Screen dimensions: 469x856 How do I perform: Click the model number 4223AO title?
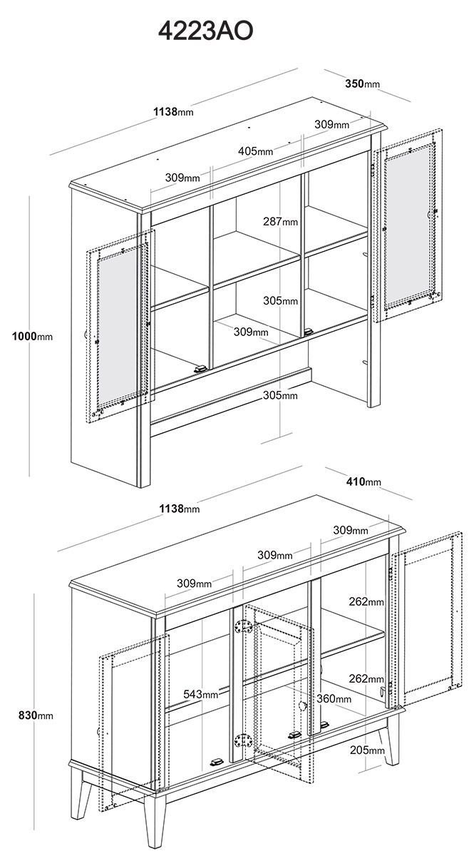(x=205, y=31)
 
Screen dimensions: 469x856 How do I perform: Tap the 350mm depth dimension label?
(x=363, y=83)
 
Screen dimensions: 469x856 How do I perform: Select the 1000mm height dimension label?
(x=32, y=336)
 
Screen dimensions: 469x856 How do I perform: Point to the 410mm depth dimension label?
(x=364, y=481)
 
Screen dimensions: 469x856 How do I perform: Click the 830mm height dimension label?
(x=36, y=715)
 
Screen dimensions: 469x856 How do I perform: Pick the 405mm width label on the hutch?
(x=255, y=151)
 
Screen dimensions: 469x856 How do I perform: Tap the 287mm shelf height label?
(x=280, y=221)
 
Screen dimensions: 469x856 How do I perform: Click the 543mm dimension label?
(x=201, y=694)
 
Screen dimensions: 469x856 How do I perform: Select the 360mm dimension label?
(x=334, y=698)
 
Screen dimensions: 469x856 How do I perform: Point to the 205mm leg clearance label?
(x=367, y=750)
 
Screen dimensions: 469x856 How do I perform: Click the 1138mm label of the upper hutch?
(x=173, y=111)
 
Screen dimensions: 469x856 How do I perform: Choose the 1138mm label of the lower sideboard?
(x=179, y=508)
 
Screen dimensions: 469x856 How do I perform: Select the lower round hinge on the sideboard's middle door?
(x=244, y=740)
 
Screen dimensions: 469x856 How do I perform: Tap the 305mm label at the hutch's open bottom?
(x=280, y=395)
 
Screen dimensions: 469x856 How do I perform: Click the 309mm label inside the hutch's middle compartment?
(x=251, y=332)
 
